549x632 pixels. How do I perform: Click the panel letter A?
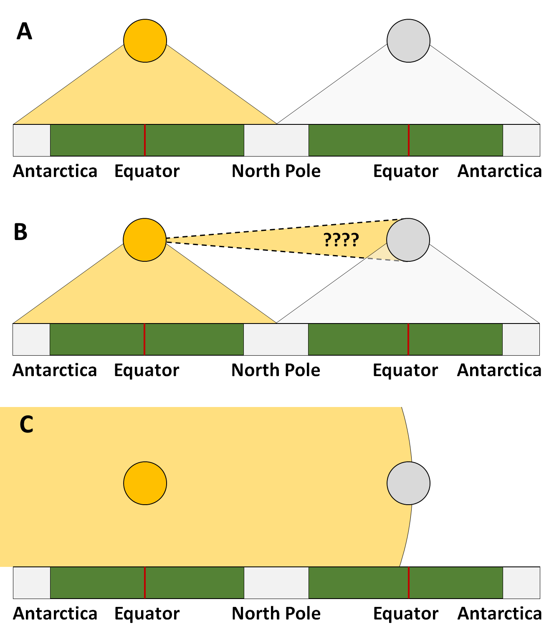tap(24, 32)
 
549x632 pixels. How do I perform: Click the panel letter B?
tap(20, 232)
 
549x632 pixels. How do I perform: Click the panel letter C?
tap(26, 425)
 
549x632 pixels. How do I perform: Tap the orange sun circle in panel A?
tap(145, 40)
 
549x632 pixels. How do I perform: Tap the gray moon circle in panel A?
tap(408, 40)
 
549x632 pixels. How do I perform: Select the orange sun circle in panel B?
tap(144, 240)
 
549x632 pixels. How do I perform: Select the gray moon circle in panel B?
tap(408, 240)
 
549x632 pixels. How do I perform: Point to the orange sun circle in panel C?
tap(145, 483)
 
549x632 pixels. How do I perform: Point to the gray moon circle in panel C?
tap(408, 483)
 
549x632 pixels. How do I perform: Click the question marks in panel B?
tap(341, 240)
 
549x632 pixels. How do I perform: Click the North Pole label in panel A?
tap(276, 171)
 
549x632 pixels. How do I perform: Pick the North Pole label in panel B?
tap(276, 370)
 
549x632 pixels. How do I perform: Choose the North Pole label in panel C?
tap(276, 614)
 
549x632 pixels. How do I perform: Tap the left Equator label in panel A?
tap(147, 171)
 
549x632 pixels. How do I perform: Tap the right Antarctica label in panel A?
tap(499, 171)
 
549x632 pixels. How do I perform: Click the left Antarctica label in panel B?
tap(55, 370)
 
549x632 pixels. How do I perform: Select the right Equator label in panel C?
tap(405, 614)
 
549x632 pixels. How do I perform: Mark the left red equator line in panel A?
tap(145, 140)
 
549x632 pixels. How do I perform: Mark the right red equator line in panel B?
tap(408, 339)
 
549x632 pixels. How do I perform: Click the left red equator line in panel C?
tap(145, 583)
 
